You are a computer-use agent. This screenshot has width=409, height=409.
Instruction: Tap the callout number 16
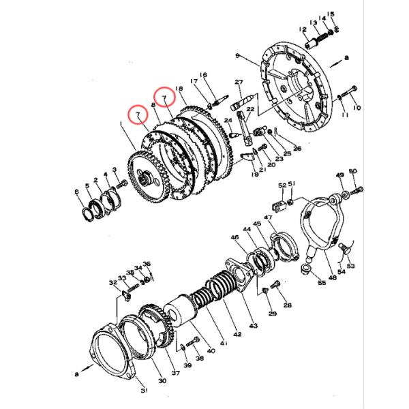point(202,75)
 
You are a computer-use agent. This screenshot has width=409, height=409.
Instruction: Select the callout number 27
point(239,82)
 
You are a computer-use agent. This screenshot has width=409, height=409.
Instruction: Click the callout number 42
point(237,334)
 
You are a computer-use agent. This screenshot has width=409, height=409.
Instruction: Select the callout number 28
point(287,305)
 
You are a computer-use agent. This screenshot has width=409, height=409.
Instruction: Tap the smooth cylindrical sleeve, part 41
point(182,311)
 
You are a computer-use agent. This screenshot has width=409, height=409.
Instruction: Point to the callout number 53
point(351,266)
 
